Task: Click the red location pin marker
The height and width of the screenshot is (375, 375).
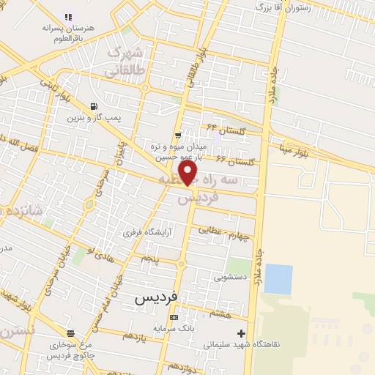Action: pos(189,174)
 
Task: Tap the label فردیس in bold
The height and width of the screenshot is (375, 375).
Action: pos(157,299)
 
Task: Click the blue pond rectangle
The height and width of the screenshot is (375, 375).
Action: pos(278,279)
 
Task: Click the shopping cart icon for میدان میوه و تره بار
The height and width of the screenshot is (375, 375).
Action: pos(179,135)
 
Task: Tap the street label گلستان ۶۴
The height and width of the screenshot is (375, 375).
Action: pos(223,130)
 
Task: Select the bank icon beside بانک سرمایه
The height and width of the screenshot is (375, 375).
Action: pos(174,317)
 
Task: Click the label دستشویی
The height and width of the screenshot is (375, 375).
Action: pos(231,278)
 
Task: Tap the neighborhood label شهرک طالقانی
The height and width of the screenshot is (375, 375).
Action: pos(122,63)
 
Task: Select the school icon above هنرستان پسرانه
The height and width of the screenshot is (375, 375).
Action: pos(68,16)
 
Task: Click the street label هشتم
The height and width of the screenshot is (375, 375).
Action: pos(220,313)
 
